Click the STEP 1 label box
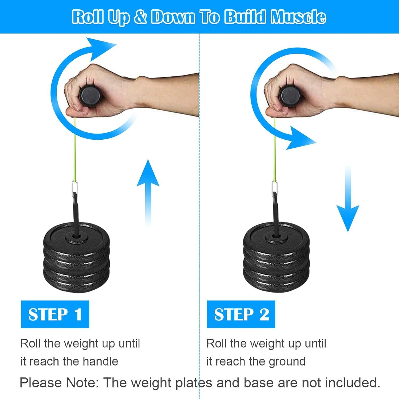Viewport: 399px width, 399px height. pos(55,314)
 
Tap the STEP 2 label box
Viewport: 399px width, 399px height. pos(241,314)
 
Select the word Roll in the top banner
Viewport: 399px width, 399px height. pos(88,17)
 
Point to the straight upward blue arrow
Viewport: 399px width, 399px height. pos(148,192)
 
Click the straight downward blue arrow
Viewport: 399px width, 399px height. pos(348,199)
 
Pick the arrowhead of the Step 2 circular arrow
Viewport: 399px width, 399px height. pos(301,138)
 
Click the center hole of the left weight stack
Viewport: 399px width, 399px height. pos(76,236)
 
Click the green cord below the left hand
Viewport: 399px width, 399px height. pos(75,149)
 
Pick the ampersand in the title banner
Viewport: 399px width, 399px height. pos(140,17)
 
